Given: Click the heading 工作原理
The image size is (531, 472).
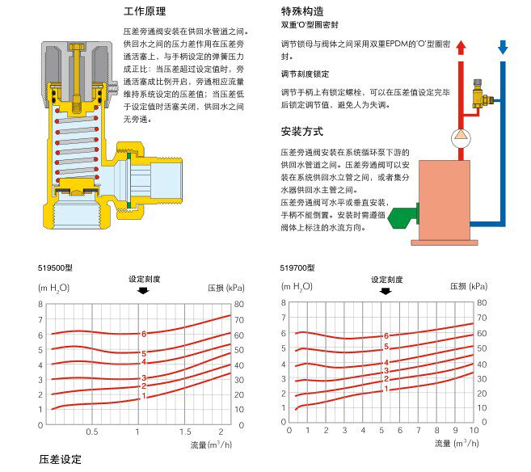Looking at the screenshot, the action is click(145, 12).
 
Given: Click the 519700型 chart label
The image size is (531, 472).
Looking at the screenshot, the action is click(297, 268).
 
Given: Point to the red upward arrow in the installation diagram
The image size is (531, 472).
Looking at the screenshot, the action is click(461, 48).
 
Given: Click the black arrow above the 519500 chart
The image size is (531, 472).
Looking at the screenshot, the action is click(144, 290).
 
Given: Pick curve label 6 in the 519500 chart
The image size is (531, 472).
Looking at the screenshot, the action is click(144, 334).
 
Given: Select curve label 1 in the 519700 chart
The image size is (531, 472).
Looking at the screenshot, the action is click(386, 389).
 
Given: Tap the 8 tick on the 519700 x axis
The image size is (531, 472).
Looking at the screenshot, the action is click(437, 431).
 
